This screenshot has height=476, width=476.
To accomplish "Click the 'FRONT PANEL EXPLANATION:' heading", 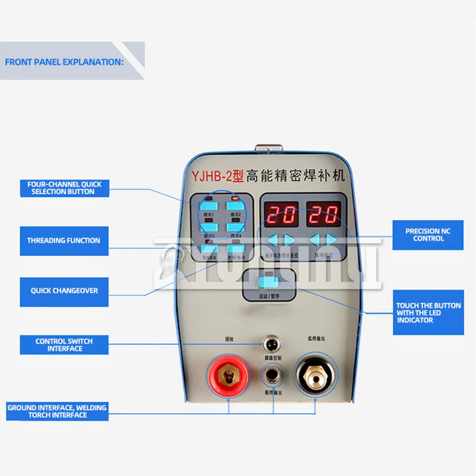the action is coord(64,62).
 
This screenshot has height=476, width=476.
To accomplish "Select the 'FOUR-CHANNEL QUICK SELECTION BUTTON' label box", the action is coord(64,188).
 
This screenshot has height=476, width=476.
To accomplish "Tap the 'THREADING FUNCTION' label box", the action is coord(64,241).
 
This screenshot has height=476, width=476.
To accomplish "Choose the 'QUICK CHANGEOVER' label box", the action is coord(64,291).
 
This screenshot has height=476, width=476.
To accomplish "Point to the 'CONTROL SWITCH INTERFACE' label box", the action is coord(64,345).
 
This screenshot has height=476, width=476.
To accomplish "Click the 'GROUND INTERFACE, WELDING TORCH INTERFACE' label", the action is coord(57,411).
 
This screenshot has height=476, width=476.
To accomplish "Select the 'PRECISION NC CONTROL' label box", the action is coord(428,235).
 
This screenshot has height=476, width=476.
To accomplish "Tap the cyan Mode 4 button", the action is coord(234,228).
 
